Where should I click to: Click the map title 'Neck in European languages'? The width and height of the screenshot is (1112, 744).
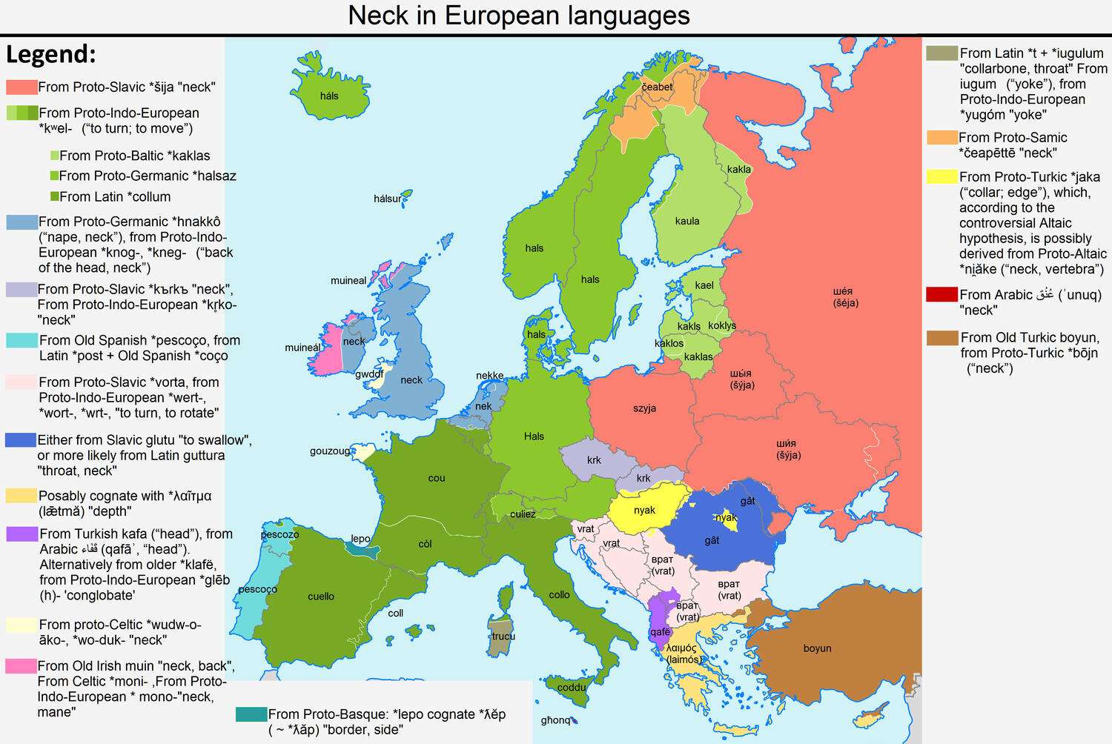pyautogui.click(x=519, y=16)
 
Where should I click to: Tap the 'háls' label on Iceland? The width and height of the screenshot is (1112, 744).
pyautogui.click(x=329, y=96)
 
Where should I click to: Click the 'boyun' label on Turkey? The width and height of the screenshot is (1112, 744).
pyautogui.click(x=817, y=648)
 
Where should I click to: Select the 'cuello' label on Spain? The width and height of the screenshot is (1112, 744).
pyautogui.click(x=321, y=596)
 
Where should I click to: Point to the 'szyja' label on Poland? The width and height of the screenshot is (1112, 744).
pyautogui.click(x=644, y=408)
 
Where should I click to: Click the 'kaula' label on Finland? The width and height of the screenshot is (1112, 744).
pyautogui.click(x=687, y=221)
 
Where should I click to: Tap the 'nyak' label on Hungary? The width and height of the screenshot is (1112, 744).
pyautogui.click(x=644, y=510)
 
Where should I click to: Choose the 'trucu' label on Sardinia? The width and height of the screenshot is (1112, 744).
pyautogui.click(x=503, y=636)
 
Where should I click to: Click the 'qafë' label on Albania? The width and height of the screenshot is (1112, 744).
pyautogui.click(x=659, y=632)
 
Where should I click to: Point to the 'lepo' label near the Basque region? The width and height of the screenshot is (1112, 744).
pyautogui.click(x=360, y=539)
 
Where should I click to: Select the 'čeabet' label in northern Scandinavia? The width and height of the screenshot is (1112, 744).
pyautogui.click(x=657, y=87)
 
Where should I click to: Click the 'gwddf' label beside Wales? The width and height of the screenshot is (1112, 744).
pyautogui.click(x=369, y=374)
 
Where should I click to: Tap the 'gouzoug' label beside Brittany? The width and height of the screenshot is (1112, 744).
pyautogui.click(x=330, y=451)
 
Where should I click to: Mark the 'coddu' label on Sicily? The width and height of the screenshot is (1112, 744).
pyautogui.click(x=572, y=687)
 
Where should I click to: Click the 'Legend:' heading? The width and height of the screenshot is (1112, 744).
pyautogui.click(x=51, y=54)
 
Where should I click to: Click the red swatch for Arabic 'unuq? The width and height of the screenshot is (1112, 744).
pyautogui.click(x=941, y=294)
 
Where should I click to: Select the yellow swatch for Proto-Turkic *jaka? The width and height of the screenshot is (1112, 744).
pyautogui.click(x=941, y=176)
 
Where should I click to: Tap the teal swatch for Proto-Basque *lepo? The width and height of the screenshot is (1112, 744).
pyautogui.click(x=251, y=714)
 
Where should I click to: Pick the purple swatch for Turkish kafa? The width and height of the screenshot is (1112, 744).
pyautogui.click(x=21, y=534)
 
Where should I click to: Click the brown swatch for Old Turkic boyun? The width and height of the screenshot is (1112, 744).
pyautogui.click(x=942, y=338)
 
